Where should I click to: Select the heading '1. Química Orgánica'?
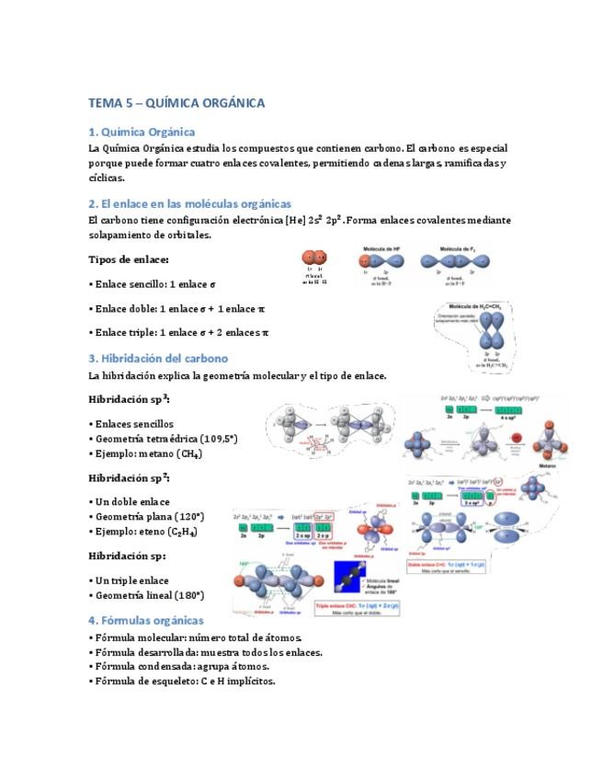142,132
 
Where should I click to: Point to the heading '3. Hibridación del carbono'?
158,358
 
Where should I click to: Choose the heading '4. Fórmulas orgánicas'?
146,620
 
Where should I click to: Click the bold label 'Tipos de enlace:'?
129,259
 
